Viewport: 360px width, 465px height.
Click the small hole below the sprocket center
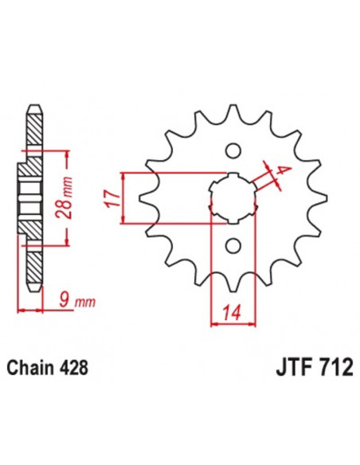tap(233, 245)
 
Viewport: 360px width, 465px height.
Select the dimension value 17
tap(112, 197)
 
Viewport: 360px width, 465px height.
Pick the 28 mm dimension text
tap(70, 197)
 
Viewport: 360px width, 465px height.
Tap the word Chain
tap(29, 369)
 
